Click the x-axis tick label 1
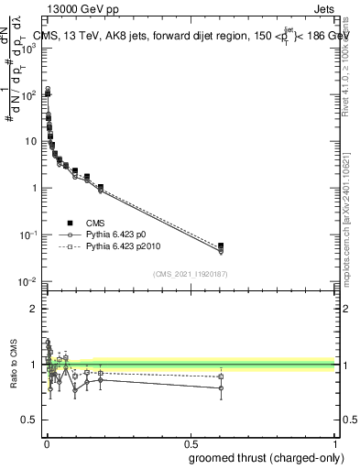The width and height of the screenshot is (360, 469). click(335, 443)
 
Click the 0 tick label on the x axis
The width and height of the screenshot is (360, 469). click(46, 443)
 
